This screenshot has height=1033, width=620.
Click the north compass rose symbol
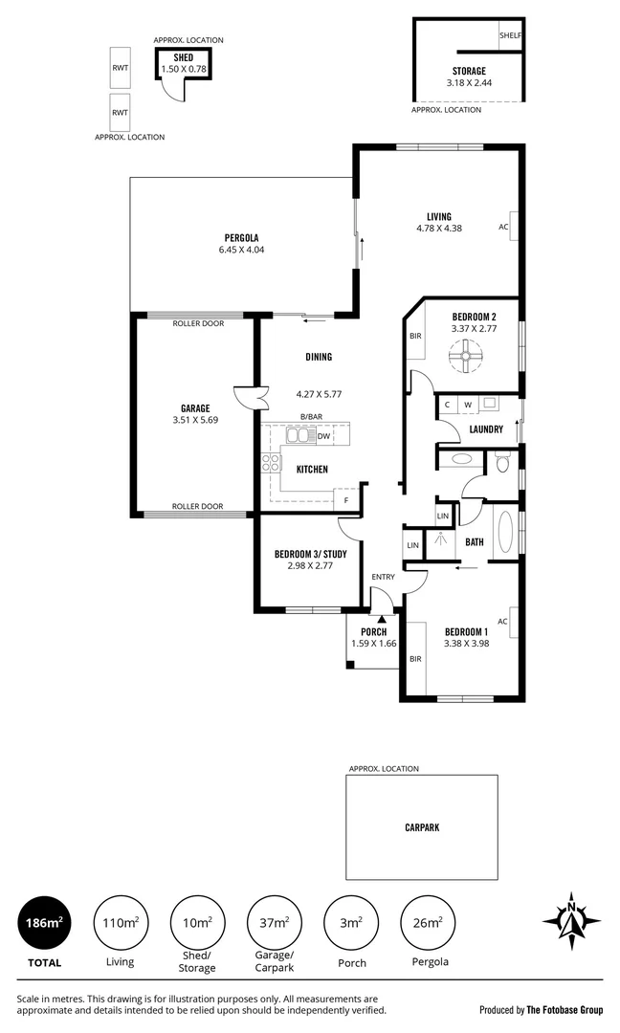pos(571,923)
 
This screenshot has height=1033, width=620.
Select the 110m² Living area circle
pos(121,923)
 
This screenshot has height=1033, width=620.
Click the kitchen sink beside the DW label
pos(299,436)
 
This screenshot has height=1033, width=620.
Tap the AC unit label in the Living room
pos(503,228)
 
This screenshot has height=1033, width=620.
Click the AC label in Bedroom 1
pos(502,621)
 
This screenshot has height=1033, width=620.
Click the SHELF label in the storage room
pos(510,35)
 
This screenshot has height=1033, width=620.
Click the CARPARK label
pos(421,828)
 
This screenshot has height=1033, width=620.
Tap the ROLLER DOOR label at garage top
pos(197,323)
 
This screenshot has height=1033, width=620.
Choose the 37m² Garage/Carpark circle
pos(275,923)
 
